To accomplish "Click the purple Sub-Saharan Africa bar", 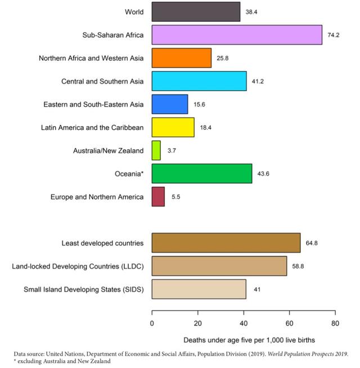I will point(236,35).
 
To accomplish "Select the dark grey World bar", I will point(196,12).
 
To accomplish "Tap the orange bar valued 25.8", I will point(181,58).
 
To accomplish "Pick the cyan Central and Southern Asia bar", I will point(199,81).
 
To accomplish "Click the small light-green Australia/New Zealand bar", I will point(156,151).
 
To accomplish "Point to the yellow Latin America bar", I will point(173,127).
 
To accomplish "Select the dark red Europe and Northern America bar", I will point(158,197).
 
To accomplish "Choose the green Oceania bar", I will point(201,174).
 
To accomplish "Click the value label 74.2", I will point(334,35).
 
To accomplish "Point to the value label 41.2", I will point(258,82).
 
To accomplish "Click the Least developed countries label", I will point(102,243).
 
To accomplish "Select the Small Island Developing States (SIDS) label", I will point(83,289).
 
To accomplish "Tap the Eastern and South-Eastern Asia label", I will point(93,104).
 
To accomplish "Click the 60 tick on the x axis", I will point(289,323).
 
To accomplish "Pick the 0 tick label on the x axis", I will point(152,323).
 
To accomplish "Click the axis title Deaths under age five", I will point(249,340).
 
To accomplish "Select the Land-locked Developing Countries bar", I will point(219,266).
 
